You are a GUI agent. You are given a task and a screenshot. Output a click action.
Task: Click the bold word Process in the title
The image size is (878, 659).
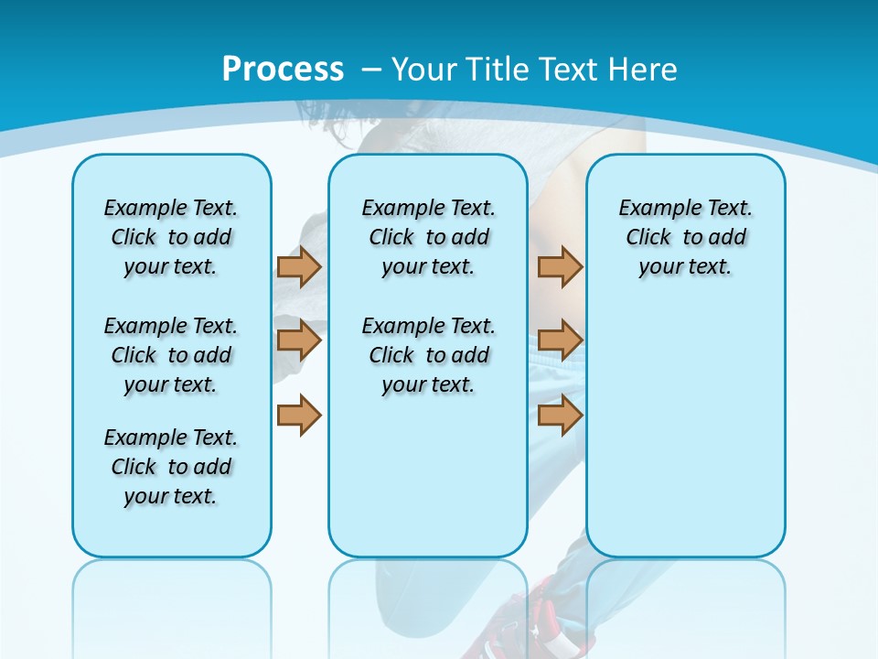283,69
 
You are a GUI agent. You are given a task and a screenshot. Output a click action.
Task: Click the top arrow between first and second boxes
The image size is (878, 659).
299,266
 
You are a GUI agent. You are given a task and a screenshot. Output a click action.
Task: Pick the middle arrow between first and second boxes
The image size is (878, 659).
299,340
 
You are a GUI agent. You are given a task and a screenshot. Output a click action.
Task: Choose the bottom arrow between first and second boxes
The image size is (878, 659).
299,415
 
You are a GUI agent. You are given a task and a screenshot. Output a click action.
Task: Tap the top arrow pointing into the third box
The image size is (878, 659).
560,266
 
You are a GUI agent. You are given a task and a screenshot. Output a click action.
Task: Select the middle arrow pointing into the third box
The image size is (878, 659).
560,340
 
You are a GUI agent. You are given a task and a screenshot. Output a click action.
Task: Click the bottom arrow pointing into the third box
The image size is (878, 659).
560,415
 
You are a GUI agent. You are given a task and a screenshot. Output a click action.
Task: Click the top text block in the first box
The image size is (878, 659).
171,237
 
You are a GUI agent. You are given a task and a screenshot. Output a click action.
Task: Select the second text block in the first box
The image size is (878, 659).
171,355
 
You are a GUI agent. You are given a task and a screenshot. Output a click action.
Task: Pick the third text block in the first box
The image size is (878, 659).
171,467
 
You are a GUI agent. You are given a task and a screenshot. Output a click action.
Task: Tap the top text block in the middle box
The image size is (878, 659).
428,237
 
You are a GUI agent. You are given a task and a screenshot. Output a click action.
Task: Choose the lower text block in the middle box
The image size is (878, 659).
428,355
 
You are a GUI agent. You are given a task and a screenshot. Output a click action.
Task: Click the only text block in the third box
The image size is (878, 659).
685,237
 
